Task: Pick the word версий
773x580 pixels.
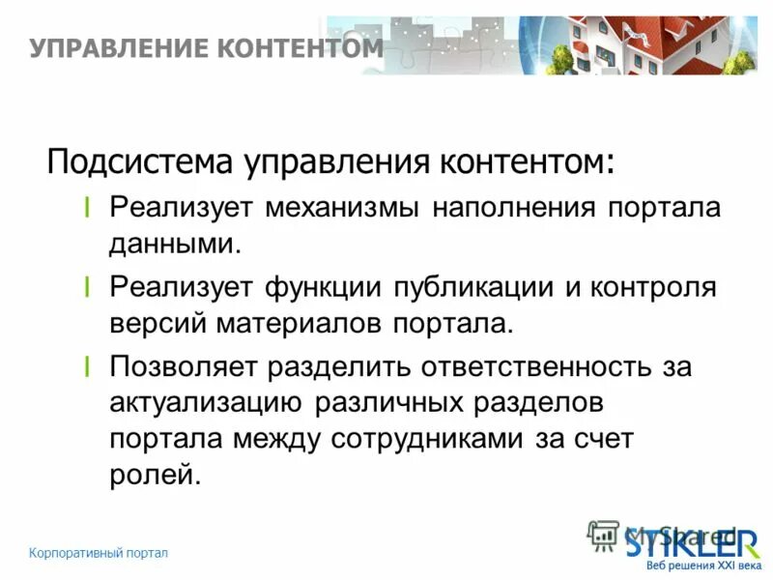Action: point(155,322)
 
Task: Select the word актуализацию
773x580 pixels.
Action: point(203,402)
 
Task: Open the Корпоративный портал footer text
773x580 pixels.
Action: point(99,553)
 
